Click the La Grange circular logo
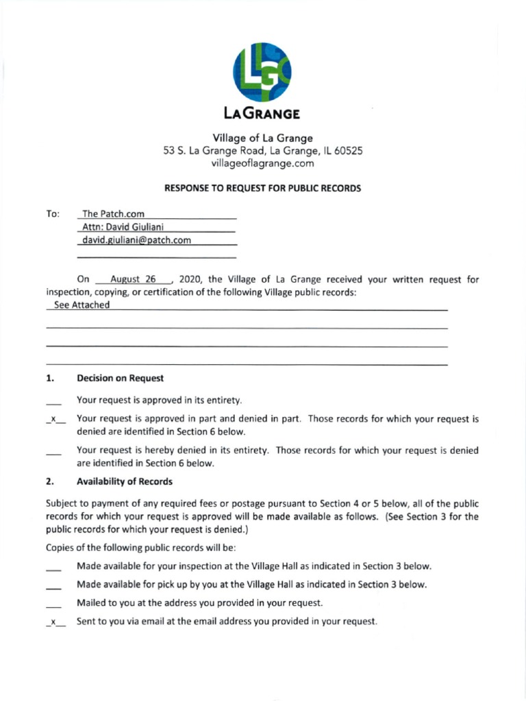tap(262, 72)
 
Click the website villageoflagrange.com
tap(262, 164)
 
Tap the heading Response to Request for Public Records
tap(262, 188)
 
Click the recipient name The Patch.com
tap(113, 214)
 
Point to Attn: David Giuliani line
tap(123, 227)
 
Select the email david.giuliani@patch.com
tap(136, 240)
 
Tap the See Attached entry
tap(82, 305)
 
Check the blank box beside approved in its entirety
tap(54, 401)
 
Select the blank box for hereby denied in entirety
tap(54, 452)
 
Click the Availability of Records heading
tap(125, 482)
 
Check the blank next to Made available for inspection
tap(54, 568)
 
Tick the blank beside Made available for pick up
tap(54, 586)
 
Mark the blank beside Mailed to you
tap(54, 604)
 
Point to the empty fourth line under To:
tap(157, 256)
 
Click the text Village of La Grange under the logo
tap(262, 138)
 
